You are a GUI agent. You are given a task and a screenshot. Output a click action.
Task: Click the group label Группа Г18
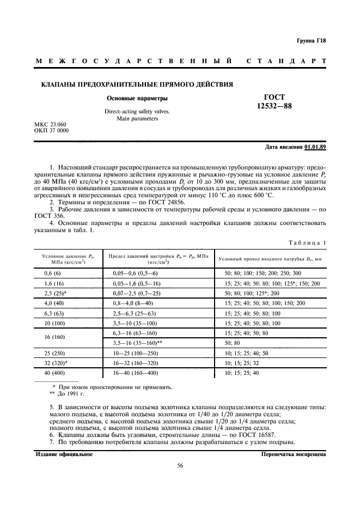310,41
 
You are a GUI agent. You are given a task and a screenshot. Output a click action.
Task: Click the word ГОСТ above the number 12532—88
274,97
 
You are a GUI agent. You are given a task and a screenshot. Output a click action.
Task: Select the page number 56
180,465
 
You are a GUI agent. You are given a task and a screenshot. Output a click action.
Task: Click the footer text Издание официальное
64,454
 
